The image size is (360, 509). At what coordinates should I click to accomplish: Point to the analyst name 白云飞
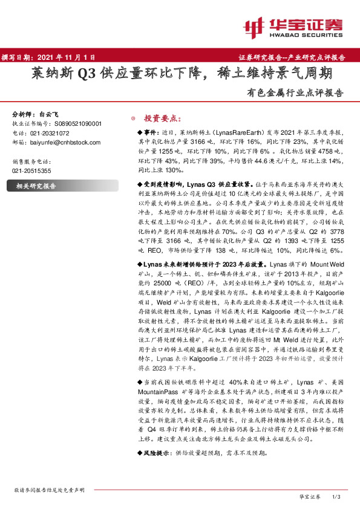click(49, 114)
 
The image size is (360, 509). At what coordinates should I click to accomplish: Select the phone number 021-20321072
click(49, 132)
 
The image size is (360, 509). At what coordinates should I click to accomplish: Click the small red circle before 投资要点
click(133, 118)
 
